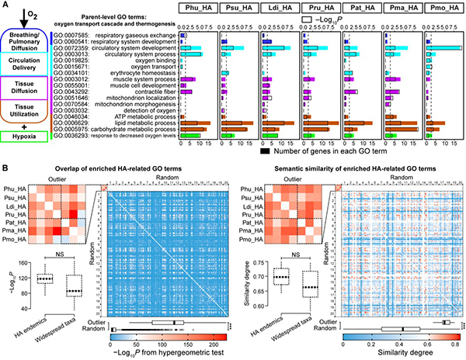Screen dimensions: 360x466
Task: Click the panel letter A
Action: point(5,6)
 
